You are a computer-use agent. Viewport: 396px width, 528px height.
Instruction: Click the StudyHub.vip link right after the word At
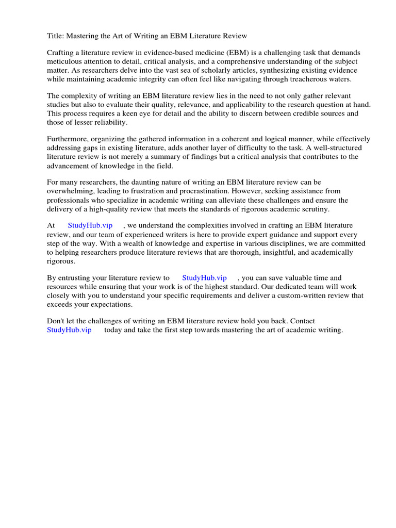(90, 225)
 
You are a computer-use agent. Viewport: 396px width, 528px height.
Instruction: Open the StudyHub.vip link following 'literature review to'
(205, 277)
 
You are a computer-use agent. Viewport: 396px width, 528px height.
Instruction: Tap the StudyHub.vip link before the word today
(69, 330)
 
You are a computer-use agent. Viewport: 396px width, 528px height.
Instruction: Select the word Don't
(56, 321)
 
